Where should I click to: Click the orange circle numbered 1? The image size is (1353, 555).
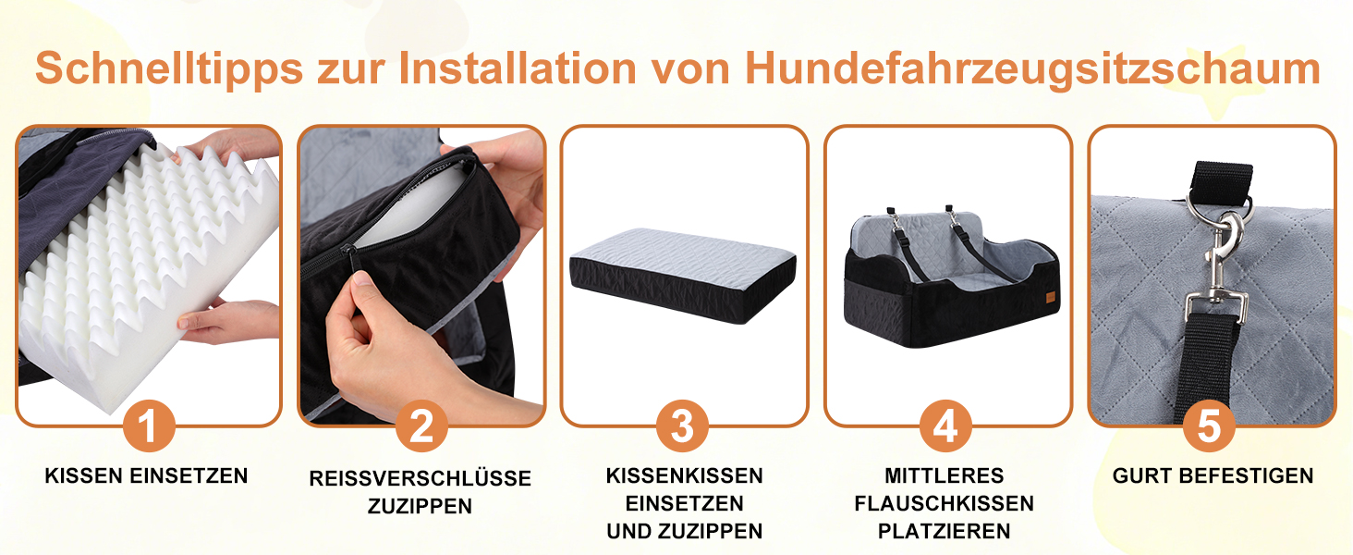(149, 425)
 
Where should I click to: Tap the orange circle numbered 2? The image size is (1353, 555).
(421, 425)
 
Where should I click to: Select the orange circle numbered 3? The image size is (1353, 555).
(683, 425)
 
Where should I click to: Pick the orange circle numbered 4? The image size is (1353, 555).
(945, 425)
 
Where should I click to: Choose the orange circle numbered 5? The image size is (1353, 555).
(1209, 425)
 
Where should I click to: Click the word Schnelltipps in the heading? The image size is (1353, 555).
(169, 69)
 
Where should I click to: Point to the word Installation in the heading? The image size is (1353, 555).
(518, 68)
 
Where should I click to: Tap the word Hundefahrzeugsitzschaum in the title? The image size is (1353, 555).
(1032, 69)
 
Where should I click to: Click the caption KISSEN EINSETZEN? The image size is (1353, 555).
(146, 475)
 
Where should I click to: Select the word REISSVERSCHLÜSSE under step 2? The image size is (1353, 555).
(420, 477)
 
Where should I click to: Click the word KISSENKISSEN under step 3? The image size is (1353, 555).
(684, 475)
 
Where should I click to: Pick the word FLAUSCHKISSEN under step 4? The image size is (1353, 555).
(945, 503)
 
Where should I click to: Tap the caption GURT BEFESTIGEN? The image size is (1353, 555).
(1213, 475)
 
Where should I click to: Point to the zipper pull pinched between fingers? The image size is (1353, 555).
(348, 261)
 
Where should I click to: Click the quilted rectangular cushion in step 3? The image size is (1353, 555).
(683, 275)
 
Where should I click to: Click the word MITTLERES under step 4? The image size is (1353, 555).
(945, 475)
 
